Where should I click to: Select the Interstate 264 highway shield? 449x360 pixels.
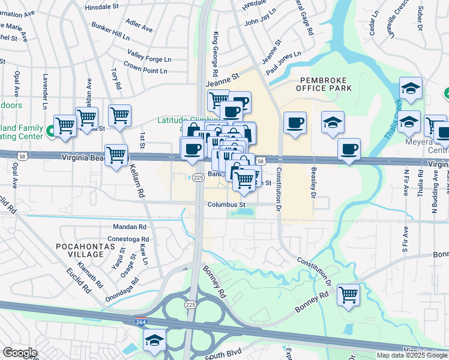point(141,322)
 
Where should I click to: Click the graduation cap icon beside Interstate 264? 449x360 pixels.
point(155,340)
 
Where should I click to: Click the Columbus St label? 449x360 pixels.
point(227,205)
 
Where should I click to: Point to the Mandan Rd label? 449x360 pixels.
point(130,227)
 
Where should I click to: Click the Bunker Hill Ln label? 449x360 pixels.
point(110,31)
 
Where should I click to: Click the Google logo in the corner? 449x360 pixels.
point(20,353)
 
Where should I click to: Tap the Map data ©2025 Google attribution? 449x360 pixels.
point(411,355)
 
